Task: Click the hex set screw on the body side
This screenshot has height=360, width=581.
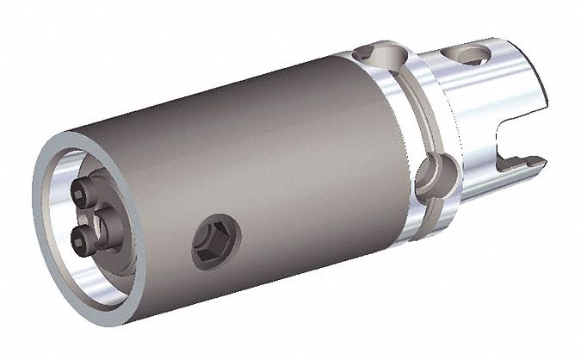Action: (211, 233)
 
